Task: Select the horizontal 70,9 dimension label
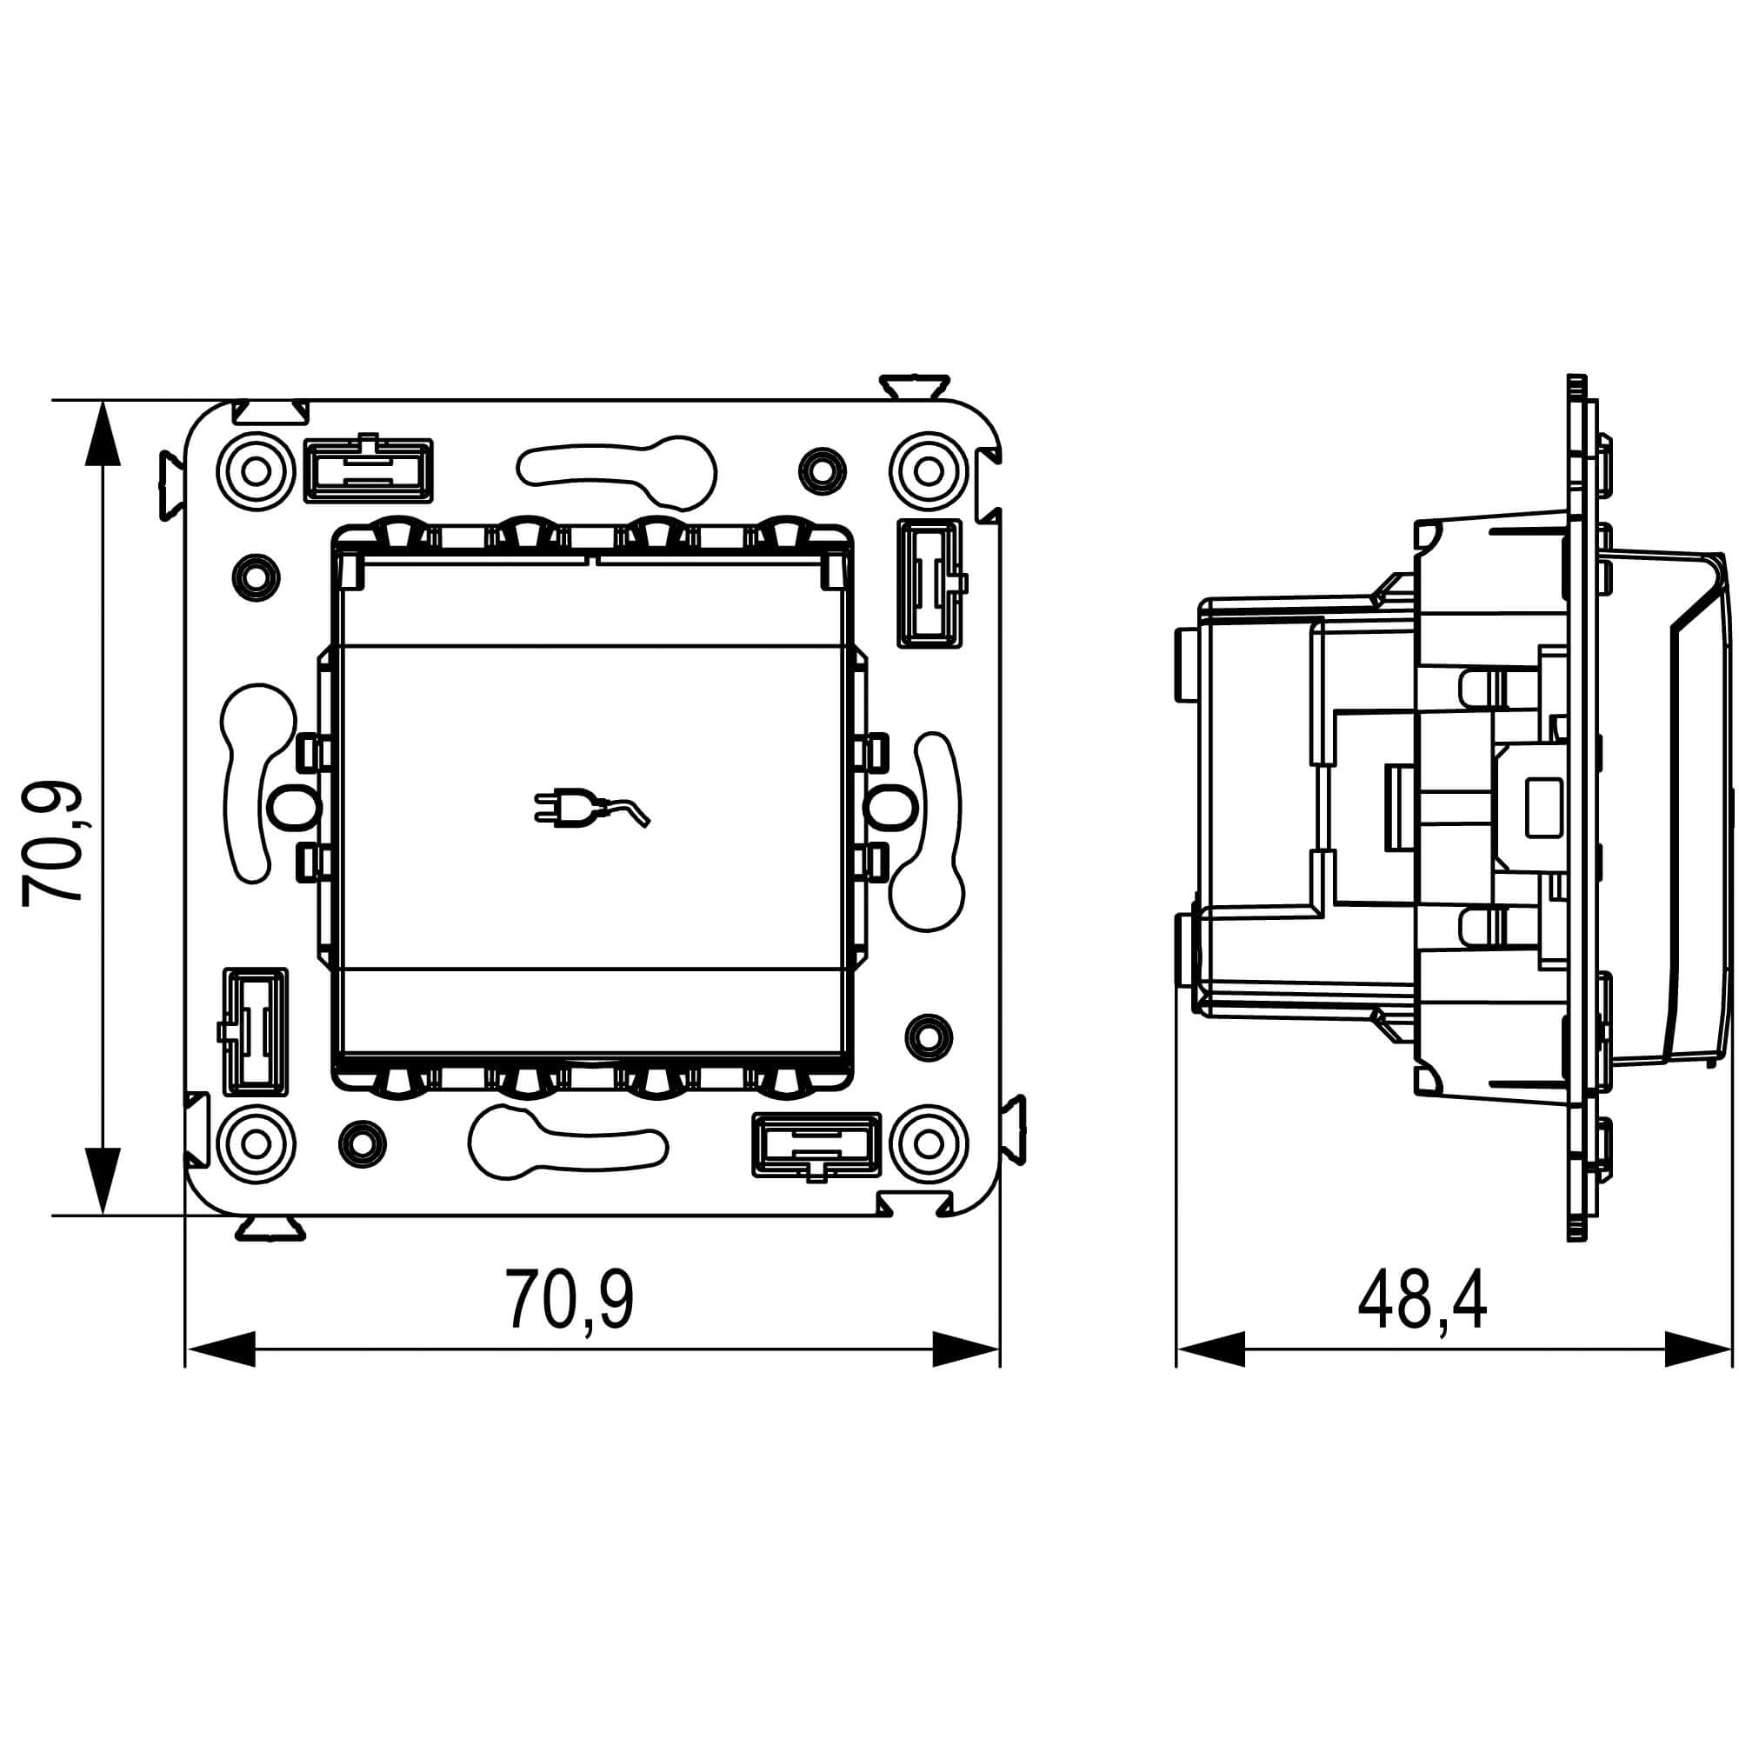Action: tap(570, 1300)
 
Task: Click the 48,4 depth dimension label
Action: tap(1423, 1300)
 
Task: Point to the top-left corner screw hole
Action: tap(257, 470)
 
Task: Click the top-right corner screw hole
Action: tap(929, 470)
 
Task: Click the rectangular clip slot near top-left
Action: tap(369, 469)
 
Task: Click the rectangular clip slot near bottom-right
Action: tap(816, 1146)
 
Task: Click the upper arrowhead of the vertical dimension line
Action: tap(106, 434)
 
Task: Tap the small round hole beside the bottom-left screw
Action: tap(363, 1144)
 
